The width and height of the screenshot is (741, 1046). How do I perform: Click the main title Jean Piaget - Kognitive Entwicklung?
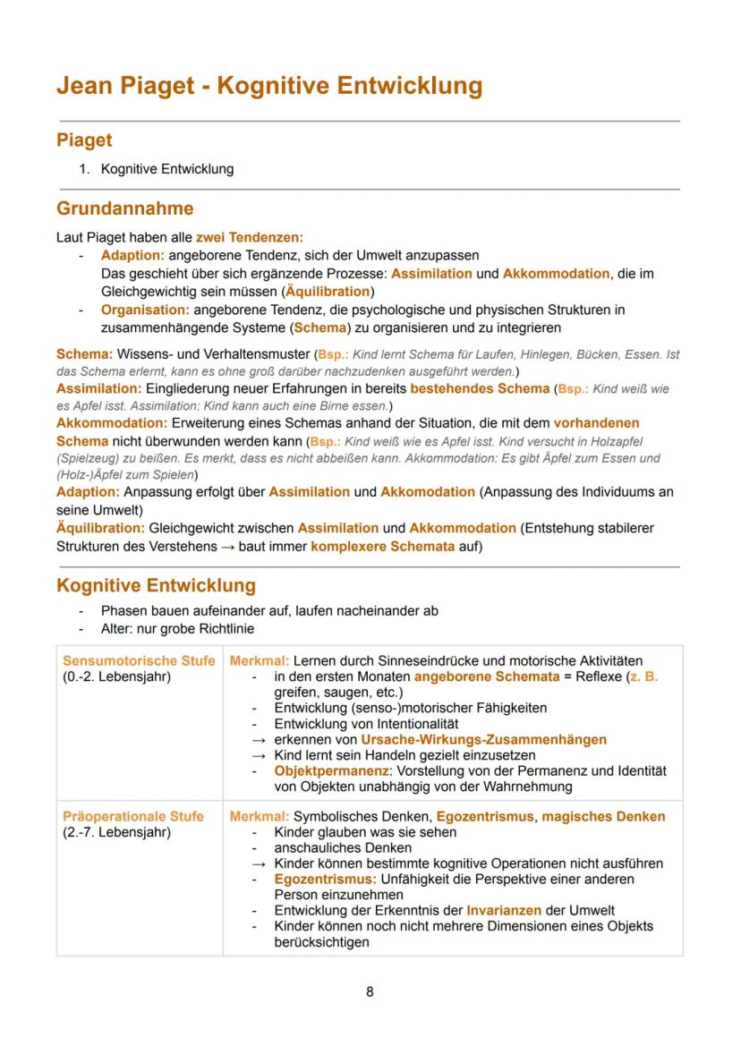click(x=268, y=86)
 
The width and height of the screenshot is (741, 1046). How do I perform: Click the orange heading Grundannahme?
click(x=124, y=208)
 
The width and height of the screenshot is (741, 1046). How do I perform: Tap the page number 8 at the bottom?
click(x=370, y=991)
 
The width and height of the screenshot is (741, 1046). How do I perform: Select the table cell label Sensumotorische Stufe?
click(x=139, y=660)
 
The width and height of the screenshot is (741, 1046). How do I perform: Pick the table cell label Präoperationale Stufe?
click(x=132, y=816)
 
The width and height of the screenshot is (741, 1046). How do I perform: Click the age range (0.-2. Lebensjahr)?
click(x=116, y=676)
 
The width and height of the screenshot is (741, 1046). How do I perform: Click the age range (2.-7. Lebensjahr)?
click(x=116, y=832)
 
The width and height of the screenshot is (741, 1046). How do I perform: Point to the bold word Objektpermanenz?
click(x=332, y=770)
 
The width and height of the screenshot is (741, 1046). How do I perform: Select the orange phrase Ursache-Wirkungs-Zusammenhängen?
click(x=483, y=739)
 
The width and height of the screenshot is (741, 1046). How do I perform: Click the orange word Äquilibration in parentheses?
click(x=328, y=292)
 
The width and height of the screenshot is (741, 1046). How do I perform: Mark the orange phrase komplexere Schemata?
click(x=382, y=546)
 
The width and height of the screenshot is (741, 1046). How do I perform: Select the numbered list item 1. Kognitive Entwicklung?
click(x=166, y=168)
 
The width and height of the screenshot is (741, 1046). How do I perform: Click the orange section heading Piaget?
click(x=84, y=140)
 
